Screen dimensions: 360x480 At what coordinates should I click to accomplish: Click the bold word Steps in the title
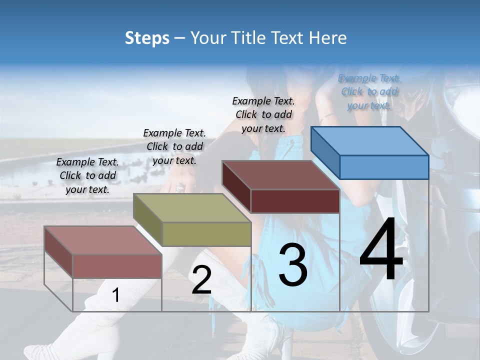[147, 38]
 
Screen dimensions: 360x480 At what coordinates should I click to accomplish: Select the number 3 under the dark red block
[292, 265]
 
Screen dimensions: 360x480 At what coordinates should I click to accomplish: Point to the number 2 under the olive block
[201, 280]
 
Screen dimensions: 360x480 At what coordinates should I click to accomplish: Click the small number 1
[115, 295]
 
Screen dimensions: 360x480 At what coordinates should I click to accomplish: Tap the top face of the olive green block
[192, 207]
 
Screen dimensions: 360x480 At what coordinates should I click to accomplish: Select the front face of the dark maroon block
[295, 201]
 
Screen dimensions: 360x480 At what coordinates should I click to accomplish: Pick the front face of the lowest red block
[117, 266]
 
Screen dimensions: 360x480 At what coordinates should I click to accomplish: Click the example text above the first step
[87, 176]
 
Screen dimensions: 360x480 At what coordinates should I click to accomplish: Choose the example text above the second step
[174, 146]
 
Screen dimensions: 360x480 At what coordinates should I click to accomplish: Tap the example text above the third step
[263, 114]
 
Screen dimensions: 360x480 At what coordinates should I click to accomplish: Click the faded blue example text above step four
[369, 91]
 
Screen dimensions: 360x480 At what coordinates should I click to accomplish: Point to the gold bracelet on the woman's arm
[328, 117]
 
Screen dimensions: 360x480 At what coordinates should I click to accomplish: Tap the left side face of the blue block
[325, 152]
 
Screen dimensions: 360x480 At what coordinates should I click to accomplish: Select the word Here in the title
[328, 38]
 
